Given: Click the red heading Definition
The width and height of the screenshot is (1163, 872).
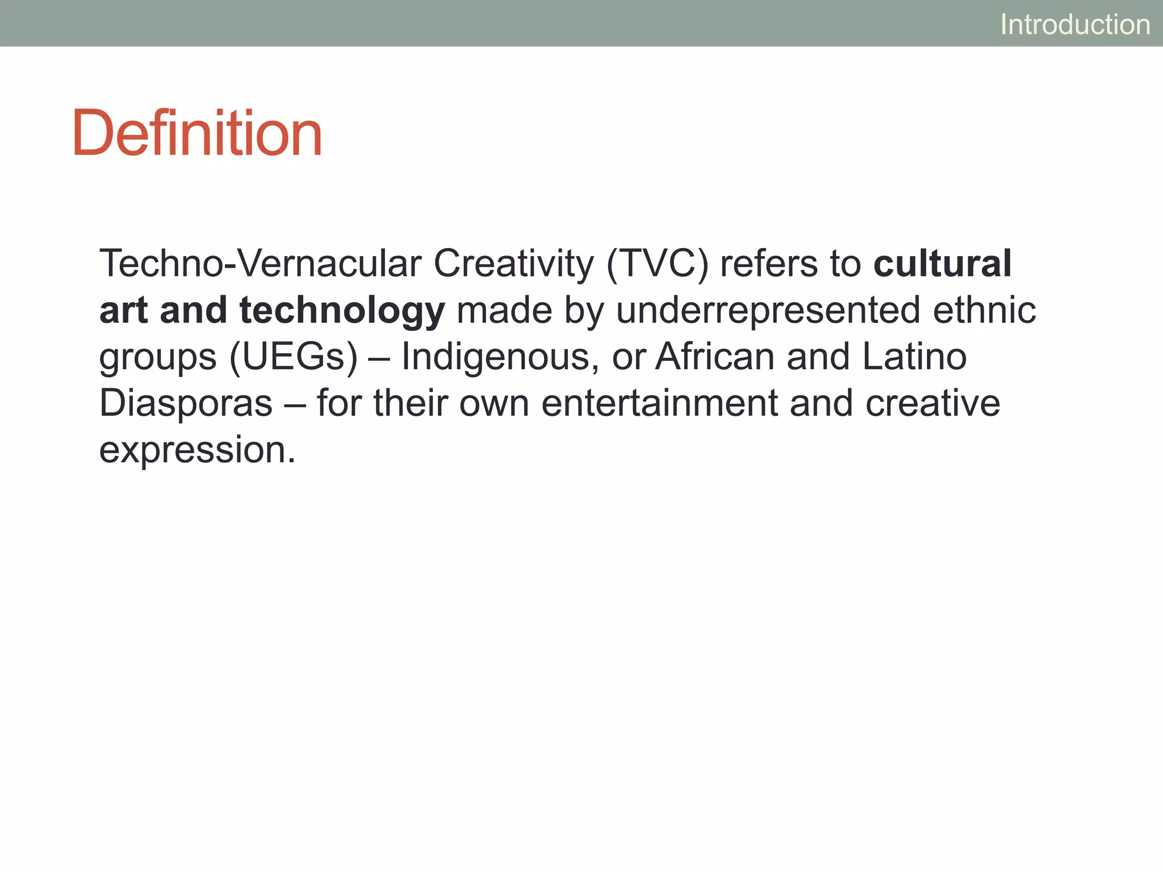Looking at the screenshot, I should click(197, 133).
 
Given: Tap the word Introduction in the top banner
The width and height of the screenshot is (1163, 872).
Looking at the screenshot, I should click(1075, 24).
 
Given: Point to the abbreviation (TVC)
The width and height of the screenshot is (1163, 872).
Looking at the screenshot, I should click(658, 264).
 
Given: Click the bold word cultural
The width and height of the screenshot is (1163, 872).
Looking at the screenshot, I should click(943, 264).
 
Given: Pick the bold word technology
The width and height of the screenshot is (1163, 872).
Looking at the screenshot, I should click(342, 312).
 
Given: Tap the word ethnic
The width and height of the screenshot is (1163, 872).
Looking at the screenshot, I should click(984, 311).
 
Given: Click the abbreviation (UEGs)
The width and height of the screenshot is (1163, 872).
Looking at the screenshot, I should click(294, 358).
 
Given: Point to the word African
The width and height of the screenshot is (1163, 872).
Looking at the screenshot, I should click(715, 357).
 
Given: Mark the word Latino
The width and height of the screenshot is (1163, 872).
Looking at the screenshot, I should click(914, 357).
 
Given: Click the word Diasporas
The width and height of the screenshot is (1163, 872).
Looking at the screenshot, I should click(186, 404).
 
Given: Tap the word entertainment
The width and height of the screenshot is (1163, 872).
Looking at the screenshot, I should click(659, 404).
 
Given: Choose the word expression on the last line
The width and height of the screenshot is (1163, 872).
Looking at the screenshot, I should click(197, 451).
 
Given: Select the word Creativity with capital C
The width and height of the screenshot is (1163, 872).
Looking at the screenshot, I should click(513, 264).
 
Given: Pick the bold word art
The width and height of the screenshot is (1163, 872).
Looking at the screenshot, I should click(123, 311).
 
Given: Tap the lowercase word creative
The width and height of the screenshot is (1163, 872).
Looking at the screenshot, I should click(932, 404).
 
